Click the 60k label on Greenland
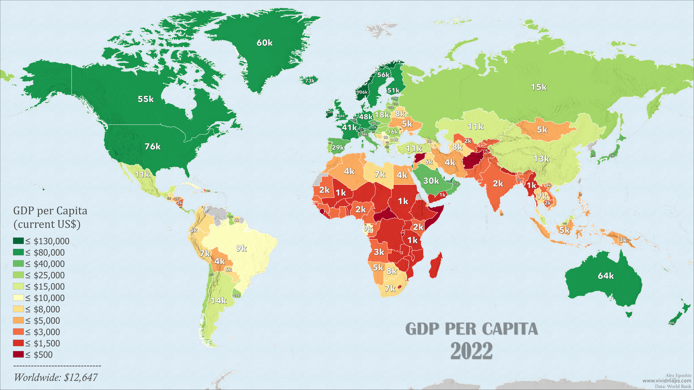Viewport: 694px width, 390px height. pyautogui.click(x=264, y=43)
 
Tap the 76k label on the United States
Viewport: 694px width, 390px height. pyautogui.click(x=153, y=147)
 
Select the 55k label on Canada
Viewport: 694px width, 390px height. pyautogui.click(x=146, y=99)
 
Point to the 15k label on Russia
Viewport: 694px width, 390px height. pyautogui.click(x=539, y=87)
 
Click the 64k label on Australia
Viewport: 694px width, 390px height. pyautogui.click(x=606, y=276)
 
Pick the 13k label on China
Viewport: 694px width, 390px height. pyautogui.click(x=541, y=159)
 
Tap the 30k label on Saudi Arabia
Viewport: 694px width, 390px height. pyautogui.click(x=431, y=181)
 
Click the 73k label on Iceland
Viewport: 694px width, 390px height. pyautogui.click(x=310, y=81)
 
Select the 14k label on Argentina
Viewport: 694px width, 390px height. pyautogui.click(x=219, y=301)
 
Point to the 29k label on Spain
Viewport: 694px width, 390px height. pyautogui.click(x=338, y=148)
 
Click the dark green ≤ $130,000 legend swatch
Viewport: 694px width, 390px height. pyautogui.click(x=18, y=241)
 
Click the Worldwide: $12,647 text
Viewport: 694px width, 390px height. pyautogui.click(x=56, y=378)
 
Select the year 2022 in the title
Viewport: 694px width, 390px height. pyautogui.click(x=471, y=351)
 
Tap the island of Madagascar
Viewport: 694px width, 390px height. pyautogui.click(x=436, y=265)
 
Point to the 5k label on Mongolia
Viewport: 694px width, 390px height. pyautogui.click(x=542, y=130)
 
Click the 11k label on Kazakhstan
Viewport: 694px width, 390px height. pyautogui.click(x=475, y=127)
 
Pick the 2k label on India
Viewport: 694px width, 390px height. pyautogui.click(x=498, y=184)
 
